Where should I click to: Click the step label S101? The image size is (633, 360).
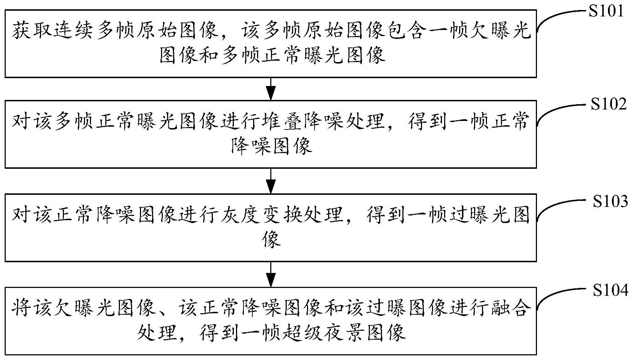(x=606, y=11)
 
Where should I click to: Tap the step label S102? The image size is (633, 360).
(x=608, y=104)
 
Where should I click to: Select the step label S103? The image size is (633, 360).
(x=610, y=202)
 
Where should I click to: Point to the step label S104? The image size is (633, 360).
(x=610, y=291)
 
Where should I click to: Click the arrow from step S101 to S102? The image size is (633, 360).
(x=271, y=88)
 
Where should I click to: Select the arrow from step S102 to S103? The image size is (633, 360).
(x=271, y=181)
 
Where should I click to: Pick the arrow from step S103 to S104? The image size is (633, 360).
(x=271, y=274)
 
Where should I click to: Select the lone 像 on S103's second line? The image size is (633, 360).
(x=271, y=239)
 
